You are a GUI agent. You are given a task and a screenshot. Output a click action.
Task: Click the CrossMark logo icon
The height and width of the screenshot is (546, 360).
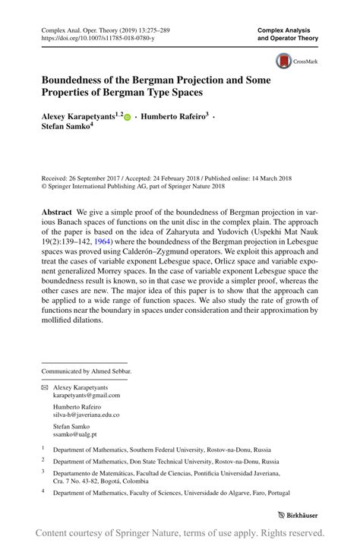click(x=284, y=61)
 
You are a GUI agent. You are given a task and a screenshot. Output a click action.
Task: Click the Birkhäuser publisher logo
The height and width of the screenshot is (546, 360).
click(x=298, y=515)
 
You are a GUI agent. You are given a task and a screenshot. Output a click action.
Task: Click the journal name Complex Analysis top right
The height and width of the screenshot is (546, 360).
click(x=288, y=30)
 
